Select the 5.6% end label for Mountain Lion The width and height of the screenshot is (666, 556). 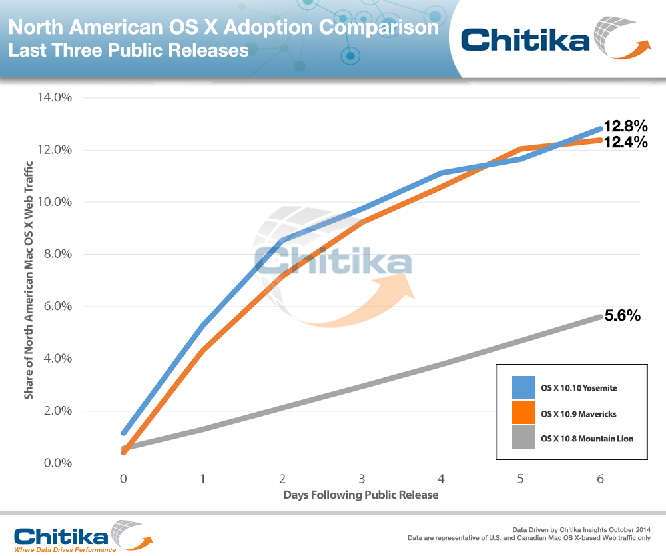[x=622, y=316]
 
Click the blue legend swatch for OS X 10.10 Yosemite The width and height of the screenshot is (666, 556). [x=523, y=387]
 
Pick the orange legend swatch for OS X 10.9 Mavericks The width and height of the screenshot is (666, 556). [x=523, y=413]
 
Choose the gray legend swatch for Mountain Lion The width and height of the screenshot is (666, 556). [x=523, y=438]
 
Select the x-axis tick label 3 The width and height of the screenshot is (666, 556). [x=362, y=479]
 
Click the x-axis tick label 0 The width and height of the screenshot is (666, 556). [x=123, y=479]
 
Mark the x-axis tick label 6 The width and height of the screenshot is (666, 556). [x=601, y=479]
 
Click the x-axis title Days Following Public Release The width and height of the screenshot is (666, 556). [x=361, y=495]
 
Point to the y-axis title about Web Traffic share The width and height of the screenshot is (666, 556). [x=29, y=280]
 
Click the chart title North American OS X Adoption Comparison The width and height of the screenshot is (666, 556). [x=224, y=28]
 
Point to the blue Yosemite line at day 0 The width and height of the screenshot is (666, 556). [x=124, y=433]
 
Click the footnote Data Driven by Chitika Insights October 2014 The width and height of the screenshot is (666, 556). [x=585, y=527]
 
